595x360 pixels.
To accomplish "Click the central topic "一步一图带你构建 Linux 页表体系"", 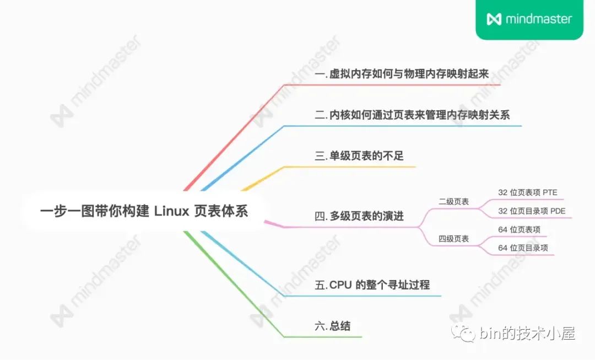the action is click(x=144, y=211).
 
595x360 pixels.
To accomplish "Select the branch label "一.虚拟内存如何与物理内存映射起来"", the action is click(x=402, y=74).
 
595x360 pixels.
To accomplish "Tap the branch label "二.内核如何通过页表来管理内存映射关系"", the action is click(x=412, y=115).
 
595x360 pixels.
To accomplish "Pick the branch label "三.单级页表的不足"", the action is click(x=359, y=155).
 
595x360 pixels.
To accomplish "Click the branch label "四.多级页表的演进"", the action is click(x=359, y=216).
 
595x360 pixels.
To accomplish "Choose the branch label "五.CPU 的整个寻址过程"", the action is click(x=372, y=284).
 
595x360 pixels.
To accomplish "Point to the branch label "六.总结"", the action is click(x=333, y=326).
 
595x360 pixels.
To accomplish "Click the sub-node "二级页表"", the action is click(x=454, y=202).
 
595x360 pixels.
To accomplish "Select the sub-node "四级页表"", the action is click(x=454, y=239).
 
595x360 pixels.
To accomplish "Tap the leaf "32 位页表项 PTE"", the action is click(x=527, y=192).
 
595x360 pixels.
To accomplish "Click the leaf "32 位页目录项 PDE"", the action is click(x=532, y=211).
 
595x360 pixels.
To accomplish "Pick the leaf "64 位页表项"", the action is click(x=519, y=229).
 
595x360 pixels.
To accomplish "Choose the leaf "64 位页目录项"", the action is click(x=523, y=248).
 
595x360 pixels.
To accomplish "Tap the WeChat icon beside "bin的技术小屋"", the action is click(x=463, y=334).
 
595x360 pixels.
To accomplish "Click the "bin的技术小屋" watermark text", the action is click(x=527, y=334).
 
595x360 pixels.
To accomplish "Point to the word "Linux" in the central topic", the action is click(x=171, y=211).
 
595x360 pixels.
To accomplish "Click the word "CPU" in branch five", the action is click(x=340, y=284).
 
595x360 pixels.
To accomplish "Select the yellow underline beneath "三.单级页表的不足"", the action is click(x=350, y=166).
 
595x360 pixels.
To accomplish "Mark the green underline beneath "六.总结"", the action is click(x=323, y=337).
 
